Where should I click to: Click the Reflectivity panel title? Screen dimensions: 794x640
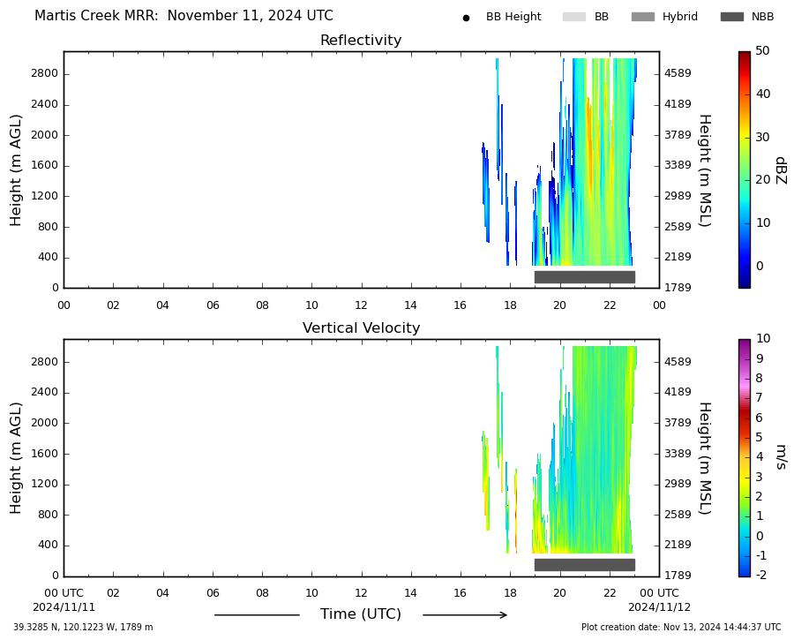pos(361,40)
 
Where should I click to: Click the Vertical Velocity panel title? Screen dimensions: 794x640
pos(361,328)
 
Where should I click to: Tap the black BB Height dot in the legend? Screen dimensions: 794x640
pos(466,18)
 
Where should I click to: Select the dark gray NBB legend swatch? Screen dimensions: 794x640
pos(731,17)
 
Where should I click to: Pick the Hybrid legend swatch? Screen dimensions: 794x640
pos(643,17)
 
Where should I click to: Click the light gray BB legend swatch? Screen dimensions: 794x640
pos(574,17)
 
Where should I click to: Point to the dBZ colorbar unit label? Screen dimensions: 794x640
pos(781,170)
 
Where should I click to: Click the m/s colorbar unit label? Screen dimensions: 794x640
pos(781,457)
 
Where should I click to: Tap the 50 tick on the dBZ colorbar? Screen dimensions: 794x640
pos(762,50)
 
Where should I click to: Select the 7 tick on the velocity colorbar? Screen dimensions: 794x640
pos(759,398)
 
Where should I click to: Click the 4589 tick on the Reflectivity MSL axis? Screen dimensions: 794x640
pos(678,73)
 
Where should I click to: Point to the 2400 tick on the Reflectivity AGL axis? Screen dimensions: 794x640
pos(45,104)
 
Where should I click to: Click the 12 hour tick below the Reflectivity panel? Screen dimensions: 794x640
pos(361,305)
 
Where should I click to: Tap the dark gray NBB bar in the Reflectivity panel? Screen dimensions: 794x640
pos(585,276)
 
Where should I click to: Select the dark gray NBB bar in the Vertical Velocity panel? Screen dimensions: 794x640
pos(585,564)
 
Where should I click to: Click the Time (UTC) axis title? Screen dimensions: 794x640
pos(361,614)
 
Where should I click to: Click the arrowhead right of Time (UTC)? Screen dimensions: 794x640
pos(504,615)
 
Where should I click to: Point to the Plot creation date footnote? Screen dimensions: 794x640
pos(681,628)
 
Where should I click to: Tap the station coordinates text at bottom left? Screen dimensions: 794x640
pos(83,628)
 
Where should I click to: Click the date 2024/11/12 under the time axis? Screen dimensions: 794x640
pos(659,607)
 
